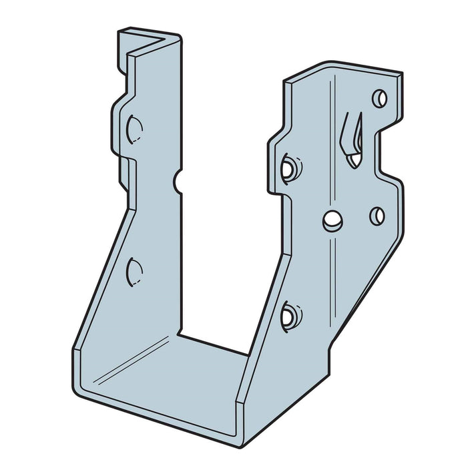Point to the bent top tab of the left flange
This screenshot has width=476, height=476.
(x=148, y=41)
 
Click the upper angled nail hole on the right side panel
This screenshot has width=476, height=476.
(x=289, y=168)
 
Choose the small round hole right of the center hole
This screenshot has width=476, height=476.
(x=377, y=216)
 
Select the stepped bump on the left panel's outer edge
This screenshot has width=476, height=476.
(x=120, y=127)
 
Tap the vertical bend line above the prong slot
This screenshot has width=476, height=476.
(x=332, y=100)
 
